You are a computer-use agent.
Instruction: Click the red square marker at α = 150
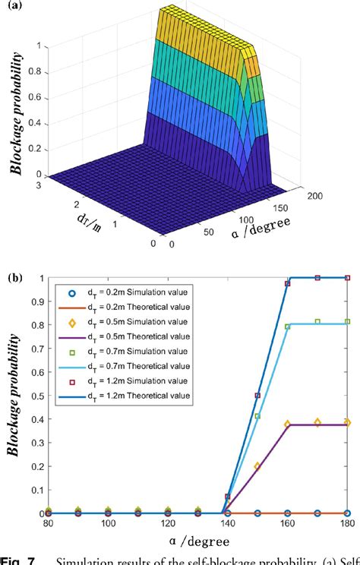(x=257, y=396)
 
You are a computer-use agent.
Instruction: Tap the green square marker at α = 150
(x=257, y=416)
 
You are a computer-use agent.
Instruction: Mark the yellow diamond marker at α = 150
(x=257, y=466)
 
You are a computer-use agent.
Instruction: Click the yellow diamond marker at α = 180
(x=347, y=422)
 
